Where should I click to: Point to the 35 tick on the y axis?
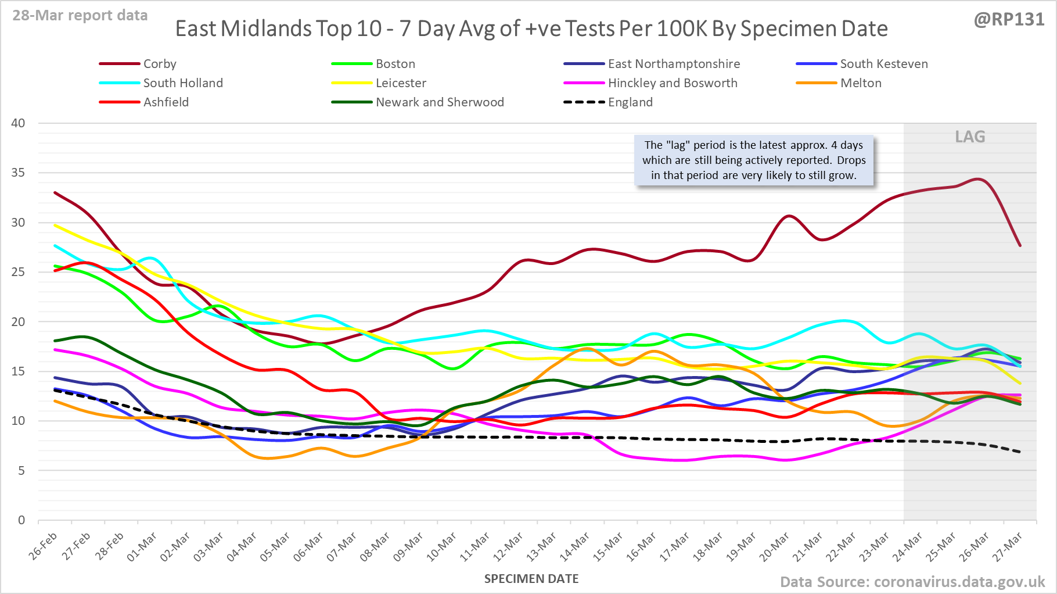coord(18,173)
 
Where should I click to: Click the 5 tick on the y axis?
coord(21,471)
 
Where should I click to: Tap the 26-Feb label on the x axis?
coord(44,546)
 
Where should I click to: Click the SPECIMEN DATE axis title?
coord(531,579)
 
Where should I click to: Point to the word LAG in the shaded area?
coord(970,137)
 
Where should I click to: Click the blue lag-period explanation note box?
coord(754,160)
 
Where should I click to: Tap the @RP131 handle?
coord(1009,20)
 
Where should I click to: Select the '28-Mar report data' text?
coord(80,16)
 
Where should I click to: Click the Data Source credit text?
coord(912,582)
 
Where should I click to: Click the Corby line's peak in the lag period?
coord(978,179)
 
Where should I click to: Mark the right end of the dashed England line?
coord(1020,452)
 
